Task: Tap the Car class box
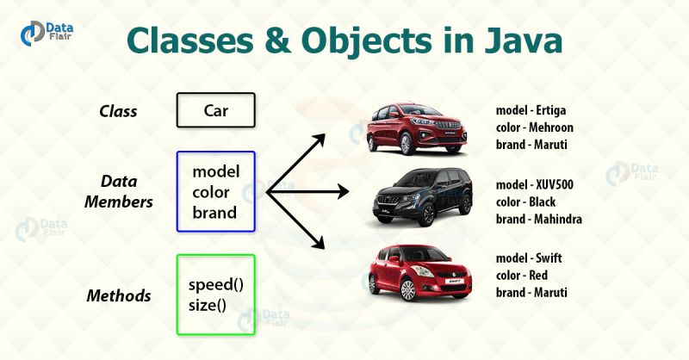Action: pyautogui.click(x=216, y=111)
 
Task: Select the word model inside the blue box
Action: pyautogui.click(x=215, y=171)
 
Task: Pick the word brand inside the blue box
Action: pyautogui.click(x=214, y=212)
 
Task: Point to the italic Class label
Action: pyautogui.click(x=118, y=111)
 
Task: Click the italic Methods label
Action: pyautogui.click(x=119, y=295)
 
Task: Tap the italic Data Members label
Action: pyautogui.click(x=120, y=190)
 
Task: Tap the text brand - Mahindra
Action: pyautogui.click(x=539, y=219)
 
